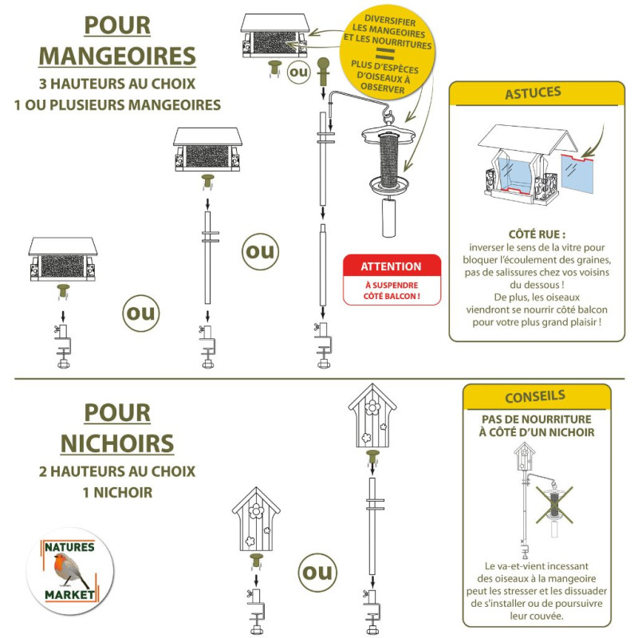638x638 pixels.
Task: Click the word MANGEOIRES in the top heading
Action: coord(117,56)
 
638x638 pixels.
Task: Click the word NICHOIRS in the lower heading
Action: coord(117,443)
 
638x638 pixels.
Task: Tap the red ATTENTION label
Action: coord(392,266)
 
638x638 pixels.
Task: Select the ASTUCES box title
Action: coord(533,93)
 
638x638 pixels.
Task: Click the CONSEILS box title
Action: coord(535,396)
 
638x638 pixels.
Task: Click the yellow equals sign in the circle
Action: coord(385,53)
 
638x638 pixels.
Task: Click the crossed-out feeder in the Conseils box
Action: coord(554,506)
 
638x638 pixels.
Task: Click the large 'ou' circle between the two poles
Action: coord(261,251)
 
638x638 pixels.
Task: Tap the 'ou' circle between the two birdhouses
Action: coord(317,572)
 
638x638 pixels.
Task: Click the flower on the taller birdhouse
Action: coord(372,408)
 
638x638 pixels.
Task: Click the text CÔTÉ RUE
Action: coord(537,234)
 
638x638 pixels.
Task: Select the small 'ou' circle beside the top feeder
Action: coord(299,72)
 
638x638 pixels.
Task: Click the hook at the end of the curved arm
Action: coord(388,114)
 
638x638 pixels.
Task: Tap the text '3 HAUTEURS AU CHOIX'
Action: coord(117,84)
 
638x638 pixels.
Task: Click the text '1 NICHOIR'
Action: coord(117,492)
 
